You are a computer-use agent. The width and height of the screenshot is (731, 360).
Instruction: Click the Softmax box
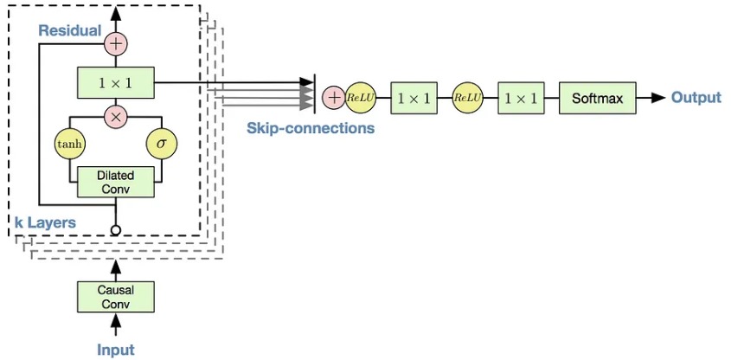pyautogui.click(x=597, y=98)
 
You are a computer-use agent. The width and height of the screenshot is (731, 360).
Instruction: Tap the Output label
pyautogui.click(x=696, y=98)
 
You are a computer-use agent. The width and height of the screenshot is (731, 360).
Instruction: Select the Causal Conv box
pyautogui.click(x=115, y=295)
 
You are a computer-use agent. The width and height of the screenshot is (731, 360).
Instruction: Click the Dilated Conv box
pyautogui.click(x=115, y=181)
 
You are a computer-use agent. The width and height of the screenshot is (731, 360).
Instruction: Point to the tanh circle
pyautogui.click(x=68, y=144)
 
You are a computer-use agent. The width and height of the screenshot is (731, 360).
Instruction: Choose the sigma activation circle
pyautogui.click(x=161, y=144)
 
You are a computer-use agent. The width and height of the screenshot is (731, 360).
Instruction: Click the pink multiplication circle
pyautogui.click(x=115, y=115)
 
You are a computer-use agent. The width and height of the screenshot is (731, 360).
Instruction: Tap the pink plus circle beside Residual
pyautogui.click(x=115, y=42)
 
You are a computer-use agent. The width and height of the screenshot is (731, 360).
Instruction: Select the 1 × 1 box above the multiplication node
pyautogui.click(x=115, y=83)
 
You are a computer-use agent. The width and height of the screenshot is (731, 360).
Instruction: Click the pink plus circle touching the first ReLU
pyautogui.click(x=333, y=98)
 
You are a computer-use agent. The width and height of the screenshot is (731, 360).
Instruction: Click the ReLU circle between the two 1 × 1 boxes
pyautogui.click(x=467, y=98)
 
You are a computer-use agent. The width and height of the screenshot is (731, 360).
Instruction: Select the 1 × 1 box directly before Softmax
pyautogui.click(x=521, y=98)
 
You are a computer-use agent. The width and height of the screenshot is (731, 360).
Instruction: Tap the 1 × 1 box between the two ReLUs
pyautogui.click(x=413, y=98)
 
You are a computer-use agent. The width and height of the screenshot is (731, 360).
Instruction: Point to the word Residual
pyautogui.click(x=69, y=30)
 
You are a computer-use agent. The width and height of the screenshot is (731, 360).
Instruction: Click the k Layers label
pyautogui.click(x=45, y=222)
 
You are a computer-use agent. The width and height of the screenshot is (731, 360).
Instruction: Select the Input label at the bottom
pyautogui.click(x=115, y=350)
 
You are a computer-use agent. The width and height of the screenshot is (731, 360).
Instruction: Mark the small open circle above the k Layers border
pyautogui.click(x=115, y=229)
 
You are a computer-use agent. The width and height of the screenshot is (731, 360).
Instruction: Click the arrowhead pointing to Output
pyautogui.click(x=658, y=98)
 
